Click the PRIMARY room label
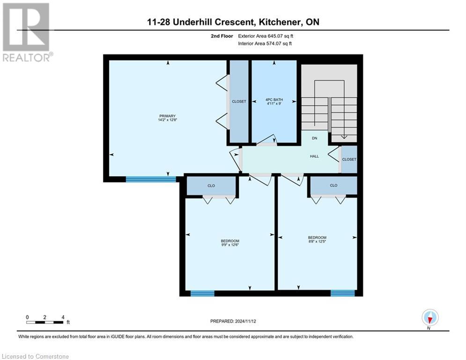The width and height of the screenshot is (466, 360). tap(167, 116)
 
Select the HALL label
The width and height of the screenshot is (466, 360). tap(314, 156)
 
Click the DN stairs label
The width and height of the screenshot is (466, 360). tap(315, 138)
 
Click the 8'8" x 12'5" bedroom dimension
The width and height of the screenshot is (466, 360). tap(317, 242)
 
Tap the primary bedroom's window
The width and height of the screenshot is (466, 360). tap(151, 179)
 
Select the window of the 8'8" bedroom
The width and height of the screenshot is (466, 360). tap(342, 293)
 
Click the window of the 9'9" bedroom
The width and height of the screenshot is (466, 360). tap(202, 293)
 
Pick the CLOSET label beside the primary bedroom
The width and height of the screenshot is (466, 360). tap(239, 101)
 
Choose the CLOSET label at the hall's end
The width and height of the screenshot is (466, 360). tap(349, 159)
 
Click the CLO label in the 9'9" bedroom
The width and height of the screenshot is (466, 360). tap(211, 186)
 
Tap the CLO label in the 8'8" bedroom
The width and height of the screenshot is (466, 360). tap(333, 185)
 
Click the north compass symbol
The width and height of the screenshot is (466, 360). tap(429, 317)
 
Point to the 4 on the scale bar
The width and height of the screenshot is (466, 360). tap(62, 317)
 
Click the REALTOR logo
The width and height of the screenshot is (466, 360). tap(27, 32)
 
